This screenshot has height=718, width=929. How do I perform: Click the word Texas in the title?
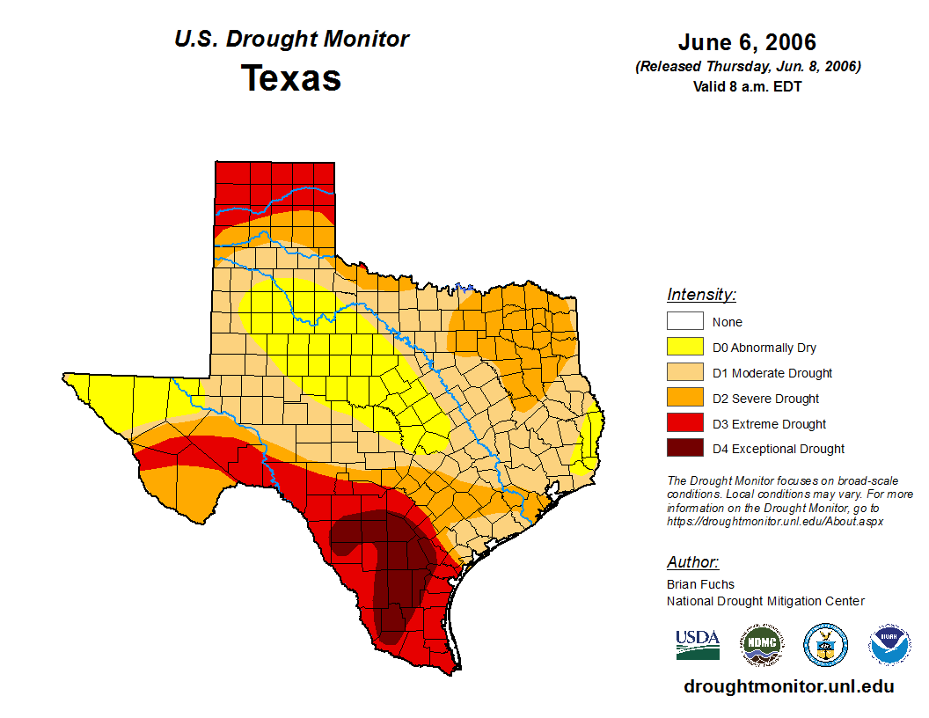pos(291,78)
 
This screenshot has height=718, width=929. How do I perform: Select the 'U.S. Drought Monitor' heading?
pos(291,40)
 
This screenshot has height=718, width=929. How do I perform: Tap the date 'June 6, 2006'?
pos(747,42)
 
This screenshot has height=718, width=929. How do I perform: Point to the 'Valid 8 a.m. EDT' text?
pos(747,86)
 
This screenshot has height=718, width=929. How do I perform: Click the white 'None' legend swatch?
pos(684,322)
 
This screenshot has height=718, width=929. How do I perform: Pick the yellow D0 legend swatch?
pos(684,348)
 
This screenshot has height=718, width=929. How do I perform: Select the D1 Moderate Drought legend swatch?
pos(684,373)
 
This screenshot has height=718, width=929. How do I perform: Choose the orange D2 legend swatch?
pos(684,399)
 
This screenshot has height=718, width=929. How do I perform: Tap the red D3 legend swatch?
pos(684,424)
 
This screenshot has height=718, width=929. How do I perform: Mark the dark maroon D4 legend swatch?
pos(684,449)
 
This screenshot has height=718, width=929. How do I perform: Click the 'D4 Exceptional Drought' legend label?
pos(779,449)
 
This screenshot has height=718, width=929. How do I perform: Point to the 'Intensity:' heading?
pos(701,295)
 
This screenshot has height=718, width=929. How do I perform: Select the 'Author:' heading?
pos(692,562)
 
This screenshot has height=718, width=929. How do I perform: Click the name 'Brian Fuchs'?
pos(700,584)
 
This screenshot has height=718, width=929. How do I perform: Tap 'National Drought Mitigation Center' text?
pos(765,601)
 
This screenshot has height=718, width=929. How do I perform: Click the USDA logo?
pos(698,644)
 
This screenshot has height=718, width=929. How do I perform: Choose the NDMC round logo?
pos(761,645)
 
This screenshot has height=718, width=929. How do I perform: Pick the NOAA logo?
pos(889,645)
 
